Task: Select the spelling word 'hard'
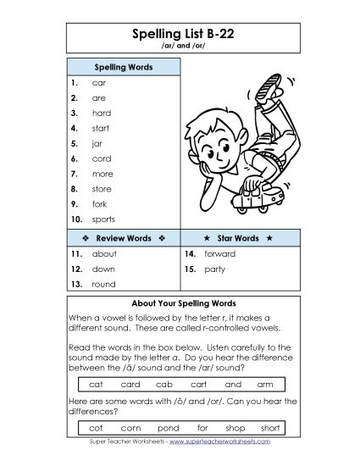click(101, 114)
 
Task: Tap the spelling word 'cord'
click(101, 158)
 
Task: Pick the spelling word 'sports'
click(103, 219)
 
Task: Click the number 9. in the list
click(75, 204)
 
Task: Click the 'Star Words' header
click(236, 238)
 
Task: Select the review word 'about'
click(104, 254)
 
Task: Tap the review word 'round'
click(103, 285)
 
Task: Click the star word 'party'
click(214, 269)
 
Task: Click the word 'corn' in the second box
click(131, 428)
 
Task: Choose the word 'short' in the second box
click(270, 428)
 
